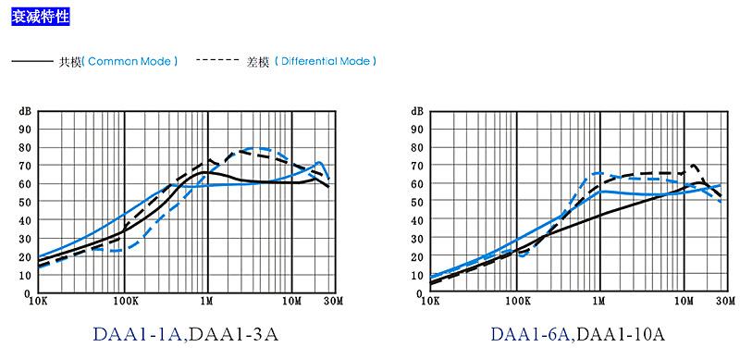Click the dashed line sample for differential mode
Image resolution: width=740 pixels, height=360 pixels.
(219, 61)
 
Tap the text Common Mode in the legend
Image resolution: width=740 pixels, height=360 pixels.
(130, 61)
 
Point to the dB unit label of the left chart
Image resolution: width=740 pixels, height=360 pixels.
(25, 111)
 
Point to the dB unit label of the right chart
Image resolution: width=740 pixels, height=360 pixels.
(417, 111)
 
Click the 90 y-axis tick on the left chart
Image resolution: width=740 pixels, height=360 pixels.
(26, 130)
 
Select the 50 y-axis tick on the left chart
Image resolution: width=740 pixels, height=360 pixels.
(26, 202)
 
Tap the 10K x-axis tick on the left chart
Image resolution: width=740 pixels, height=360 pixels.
(39, 301)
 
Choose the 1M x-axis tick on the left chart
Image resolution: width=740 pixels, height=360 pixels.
(207, 301)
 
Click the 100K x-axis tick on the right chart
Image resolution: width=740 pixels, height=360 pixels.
(516, 301)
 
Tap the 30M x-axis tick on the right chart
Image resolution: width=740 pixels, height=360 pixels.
(725, 301)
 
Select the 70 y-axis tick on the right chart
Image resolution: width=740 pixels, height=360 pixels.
(418, 166)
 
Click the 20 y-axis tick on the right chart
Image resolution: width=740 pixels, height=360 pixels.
(418, 256)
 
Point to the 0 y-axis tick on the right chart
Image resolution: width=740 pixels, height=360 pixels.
(421, 292)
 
